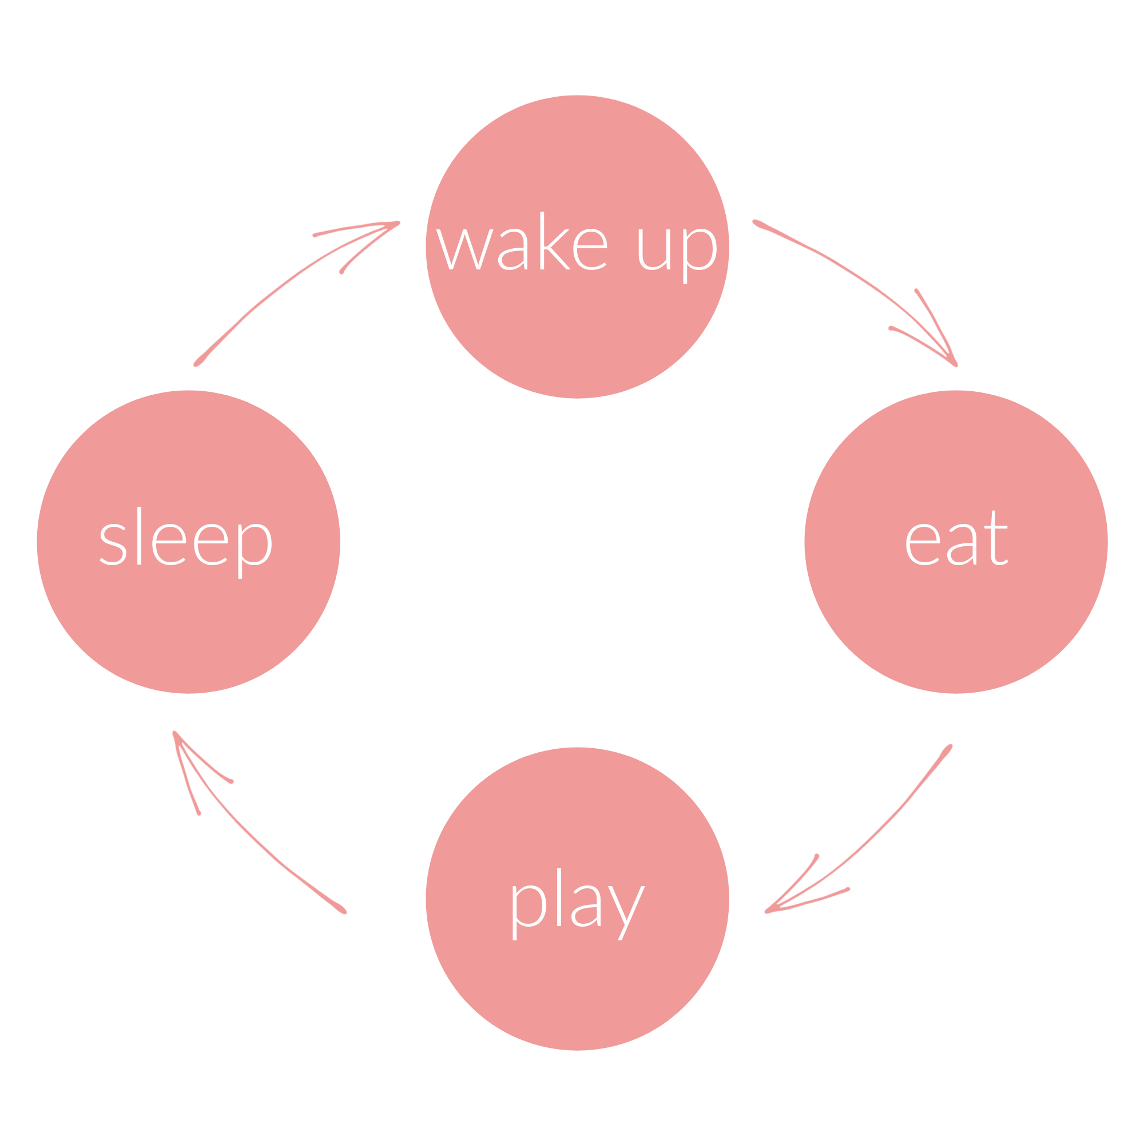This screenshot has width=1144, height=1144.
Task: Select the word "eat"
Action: [x=956, y=539]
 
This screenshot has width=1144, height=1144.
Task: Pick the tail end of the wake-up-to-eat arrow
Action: [x=756, y=223]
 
